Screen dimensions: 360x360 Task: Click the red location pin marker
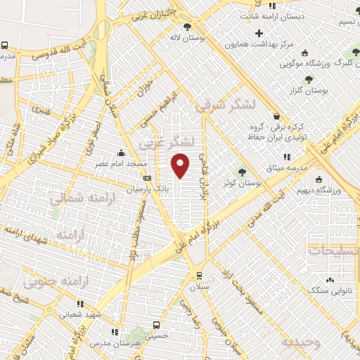(181, 165)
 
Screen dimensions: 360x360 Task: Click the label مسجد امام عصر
(121, 164)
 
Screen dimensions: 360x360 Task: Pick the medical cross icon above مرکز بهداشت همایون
(259, 32)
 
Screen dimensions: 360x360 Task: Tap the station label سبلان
(199, 287)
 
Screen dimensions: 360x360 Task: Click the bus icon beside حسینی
(156, 326)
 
